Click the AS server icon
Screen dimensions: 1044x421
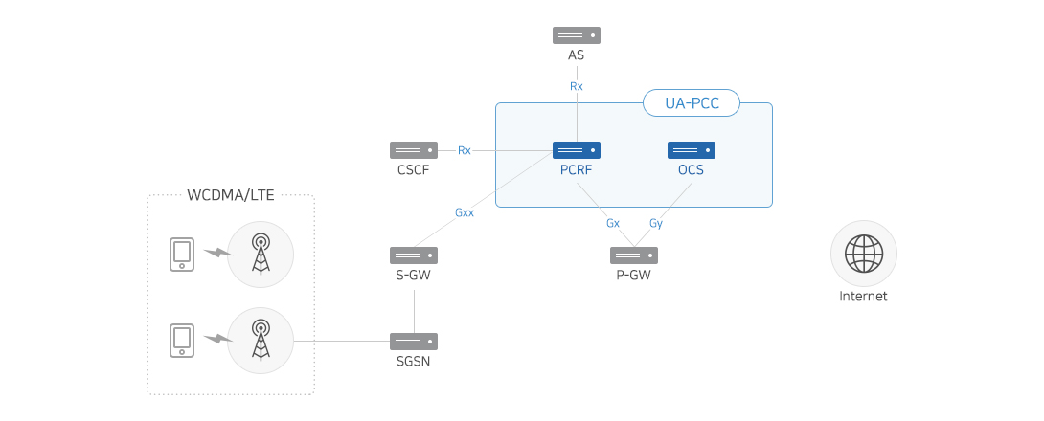click(x=577, y=35)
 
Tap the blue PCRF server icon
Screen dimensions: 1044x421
click(x=577, y=150)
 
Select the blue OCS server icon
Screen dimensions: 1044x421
click(x=692, y=150)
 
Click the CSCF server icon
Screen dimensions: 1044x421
click(x=414, y=150)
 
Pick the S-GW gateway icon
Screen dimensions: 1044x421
click(x=414, y=255)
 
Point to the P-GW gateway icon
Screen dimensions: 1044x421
click(x=634, y=255)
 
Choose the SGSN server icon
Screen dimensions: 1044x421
click(x=414, y=342)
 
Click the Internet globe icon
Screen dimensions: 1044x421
click(x=864, y=255)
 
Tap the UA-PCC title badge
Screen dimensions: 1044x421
click(x=692, y=103)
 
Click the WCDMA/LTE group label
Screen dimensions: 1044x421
click(x=231, y=195)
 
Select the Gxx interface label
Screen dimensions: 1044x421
click(x=465, y=212)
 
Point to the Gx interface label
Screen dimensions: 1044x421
click(x=613, y=224)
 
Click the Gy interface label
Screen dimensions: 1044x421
click(x=656, y=224)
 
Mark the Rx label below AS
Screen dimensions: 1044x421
click(x=577, y=86)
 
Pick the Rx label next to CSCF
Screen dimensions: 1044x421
click(x=465, y=150)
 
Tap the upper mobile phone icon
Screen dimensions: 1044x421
click(x=182, y=255)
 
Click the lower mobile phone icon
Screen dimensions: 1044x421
click(x=182, y=341)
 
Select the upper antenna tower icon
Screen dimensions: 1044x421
click(x=261, y=255)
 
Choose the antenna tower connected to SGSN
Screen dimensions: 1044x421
click(x=261, y=341)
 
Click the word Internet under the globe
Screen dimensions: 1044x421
click(x=864, y=297)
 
